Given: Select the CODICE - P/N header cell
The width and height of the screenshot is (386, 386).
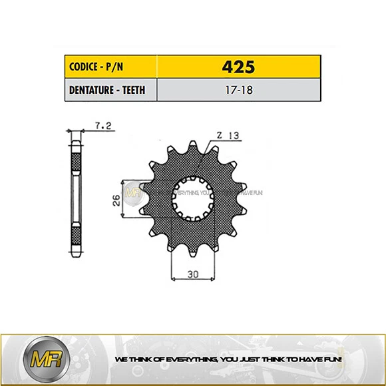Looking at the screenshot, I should click(110, 67).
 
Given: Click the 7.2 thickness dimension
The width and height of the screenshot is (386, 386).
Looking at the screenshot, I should click(103, 124).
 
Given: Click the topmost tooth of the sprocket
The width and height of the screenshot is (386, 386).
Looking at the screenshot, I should click(194, 145).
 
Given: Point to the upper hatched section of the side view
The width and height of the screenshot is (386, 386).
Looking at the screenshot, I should click(75, 160).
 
